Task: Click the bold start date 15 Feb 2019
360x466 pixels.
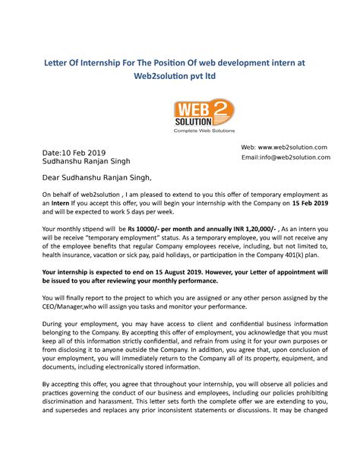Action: pos(310,204)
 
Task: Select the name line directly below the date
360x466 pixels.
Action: pos(86,161)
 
